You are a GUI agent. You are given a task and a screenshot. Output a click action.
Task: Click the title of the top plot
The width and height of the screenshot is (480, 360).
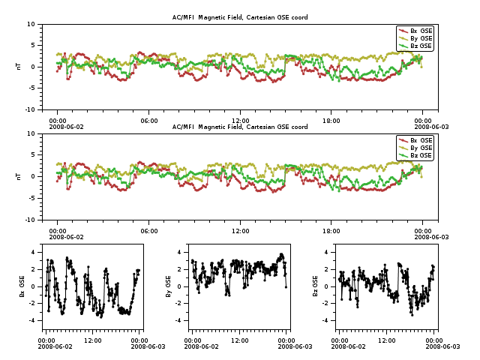(x=240, y=17)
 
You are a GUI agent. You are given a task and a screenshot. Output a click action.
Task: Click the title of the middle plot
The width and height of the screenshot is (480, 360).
(x=240, y=127)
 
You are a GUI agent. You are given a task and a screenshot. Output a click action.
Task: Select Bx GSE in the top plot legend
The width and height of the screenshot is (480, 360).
(x=421, y=31)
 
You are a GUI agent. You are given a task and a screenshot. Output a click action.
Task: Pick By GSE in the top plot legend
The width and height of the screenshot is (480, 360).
(x=421, y=38)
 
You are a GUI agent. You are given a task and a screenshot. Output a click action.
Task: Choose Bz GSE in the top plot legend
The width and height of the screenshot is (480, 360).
(x=421, y=46)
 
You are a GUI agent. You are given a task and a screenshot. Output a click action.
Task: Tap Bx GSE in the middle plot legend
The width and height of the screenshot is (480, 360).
(x=421, y=140)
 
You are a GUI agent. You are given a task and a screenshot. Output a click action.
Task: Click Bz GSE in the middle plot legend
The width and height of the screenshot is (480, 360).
(x=421, y=155)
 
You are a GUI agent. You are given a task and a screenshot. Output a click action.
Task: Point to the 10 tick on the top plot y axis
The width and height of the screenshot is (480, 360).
(x=31, y=24)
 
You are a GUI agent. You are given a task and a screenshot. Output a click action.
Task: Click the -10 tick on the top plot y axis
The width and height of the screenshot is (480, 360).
(x=29, y=109)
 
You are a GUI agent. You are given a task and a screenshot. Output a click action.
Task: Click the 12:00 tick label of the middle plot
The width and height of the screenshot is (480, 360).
(x=240, y=230)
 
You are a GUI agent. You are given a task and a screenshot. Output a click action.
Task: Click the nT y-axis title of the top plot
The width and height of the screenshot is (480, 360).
(x=18, y=67)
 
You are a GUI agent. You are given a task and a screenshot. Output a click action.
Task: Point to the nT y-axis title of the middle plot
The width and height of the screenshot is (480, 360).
(x=18, y=176)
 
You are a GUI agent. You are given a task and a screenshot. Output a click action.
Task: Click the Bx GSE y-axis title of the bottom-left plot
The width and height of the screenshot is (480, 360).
(x=22, y=286)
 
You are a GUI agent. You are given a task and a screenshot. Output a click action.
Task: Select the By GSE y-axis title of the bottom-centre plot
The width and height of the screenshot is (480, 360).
(x=169, y=286)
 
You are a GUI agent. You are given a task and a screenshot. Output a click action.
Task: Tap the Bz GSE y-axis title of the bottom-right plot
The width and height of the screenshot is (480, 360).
(x=316, y=286)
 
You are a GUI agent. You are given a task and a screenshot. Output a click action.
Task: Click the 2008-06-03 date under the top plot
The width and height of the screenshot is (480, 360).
(x=423, y=127)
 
